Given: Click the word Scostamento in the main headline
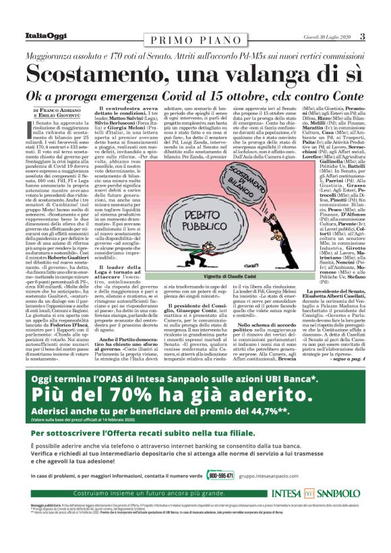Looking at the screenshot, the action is click(x=104, y=71).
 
